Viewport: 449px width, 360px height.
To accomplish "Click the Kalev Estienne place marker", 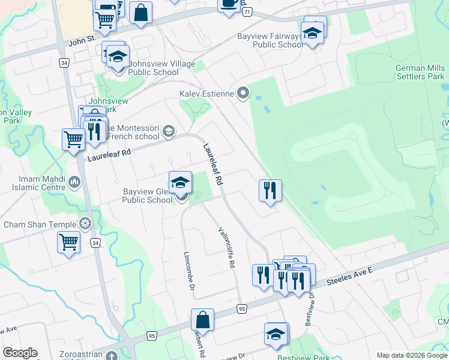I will [243, 93].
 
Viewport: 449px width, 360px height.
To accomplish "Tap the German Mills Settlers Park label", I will [420, 72].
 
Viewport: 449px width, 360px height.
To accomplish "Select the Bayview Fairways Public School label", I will [270, 40].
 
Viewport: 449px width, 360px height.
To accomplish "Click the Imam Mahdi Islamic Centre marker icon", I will [74, 181].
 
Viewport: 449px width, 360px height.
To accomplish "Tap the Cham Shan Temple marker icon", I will [85, 224].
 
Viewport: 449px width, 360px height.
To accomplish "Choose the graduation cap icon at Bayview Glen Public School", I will [180, 182].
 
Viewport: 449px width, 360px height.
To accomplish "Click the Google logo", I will [20, 353].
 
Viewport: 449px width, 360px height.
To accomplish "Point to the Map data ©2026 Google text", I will [412, 355].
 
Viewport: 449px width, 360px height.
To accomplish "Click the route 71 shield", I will [248, 12].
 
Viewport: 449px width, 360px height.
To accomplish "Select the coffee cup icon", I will [228, 3].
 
